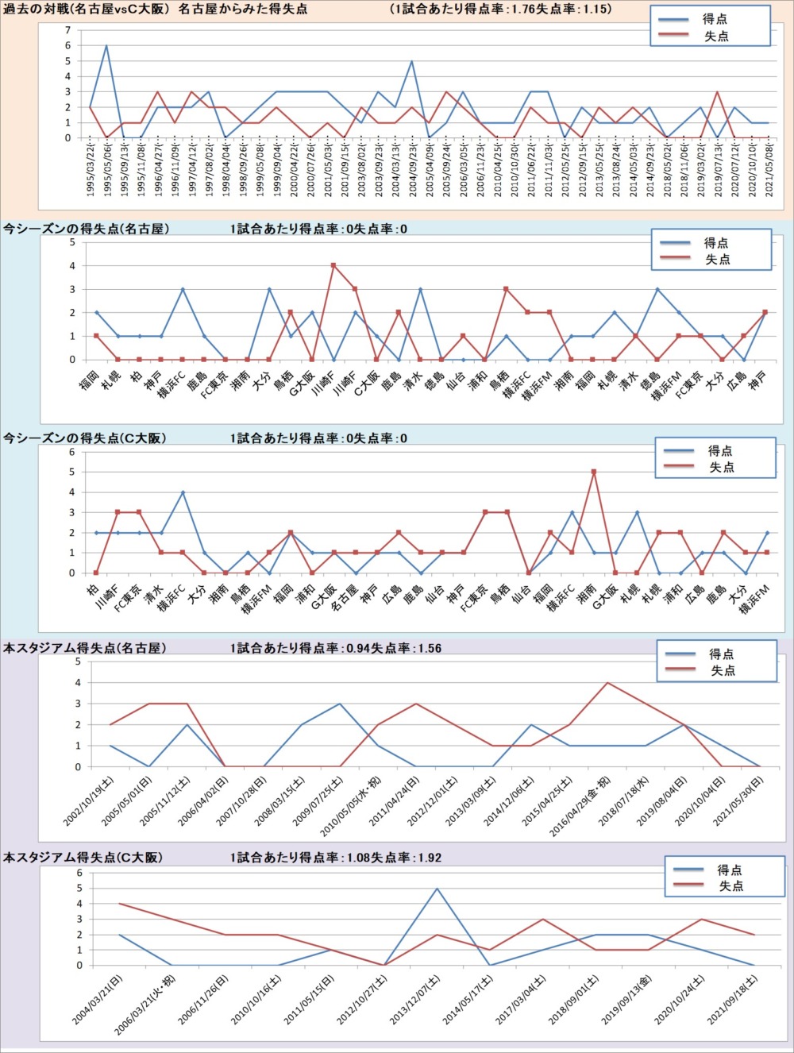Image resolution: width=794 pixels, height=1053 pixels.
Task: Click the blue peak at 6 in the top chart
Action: click(x=106, y=46)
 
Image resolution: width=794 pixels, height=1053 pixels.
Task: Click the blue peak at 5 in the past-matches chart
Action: click(x=411, y=61)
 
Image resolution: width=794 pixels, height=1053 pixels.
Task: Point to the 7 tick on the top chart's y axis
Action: click(x=68, y=30)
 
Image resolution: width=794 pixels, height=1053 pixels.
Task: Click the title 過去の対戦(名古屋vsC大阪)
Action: click(x=156, y=10)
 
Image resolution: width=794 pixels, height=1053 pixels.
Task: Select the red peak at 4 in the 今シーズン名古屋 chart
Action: click(x=333, y=265)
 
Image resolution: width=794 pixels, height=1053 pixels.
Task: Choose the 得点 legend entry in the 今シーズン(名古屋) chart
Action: click(x=715, y=243)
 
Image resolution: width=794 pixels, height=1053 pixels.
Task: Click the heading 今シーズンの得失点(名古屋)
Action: click(x=86, y=229)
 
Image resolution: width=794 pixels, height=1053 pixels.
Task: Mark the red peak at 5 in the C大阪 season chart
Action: click(x=593, y=472)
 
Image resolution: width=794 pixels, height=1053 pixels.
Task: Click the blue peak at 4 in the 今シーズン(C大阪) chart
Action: click(x=182, y=492)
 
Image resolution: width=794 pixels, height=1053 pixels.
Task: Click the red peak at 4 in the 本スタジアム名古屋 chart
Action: click(x=607, y=682)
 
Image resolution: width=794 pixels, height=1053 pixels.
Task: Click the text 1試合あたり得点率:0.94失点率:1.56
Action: click(x=335, y=648)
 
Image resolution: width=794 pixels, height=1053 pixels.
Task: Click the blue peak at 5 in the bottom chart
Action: click(x=437, y=889)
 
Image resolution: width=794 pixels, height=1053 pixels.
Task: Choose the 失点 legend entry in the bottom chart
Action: click(x=730, y=886)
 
